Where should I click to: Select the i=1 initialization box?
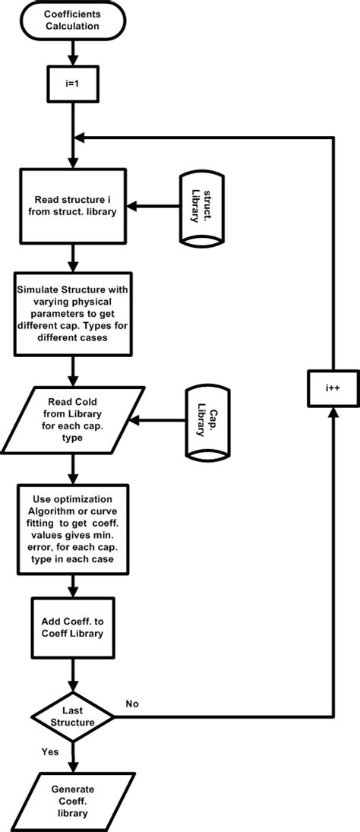pyautogui.click(x=73, y=78)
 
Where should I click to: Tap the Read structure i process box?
pyautogui.click(x=73, y=205)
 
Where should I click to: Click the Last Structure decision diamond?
pyautogui.click(x=73, y=716)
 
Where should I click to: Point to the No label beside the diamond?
pyautogui.click(x=132, y=704)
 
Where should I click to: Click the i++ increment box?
pyautogui.click(x=332, y=387)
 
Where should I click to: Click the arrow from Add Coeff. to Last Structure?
pyautogui.click(x=73, y=673)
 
